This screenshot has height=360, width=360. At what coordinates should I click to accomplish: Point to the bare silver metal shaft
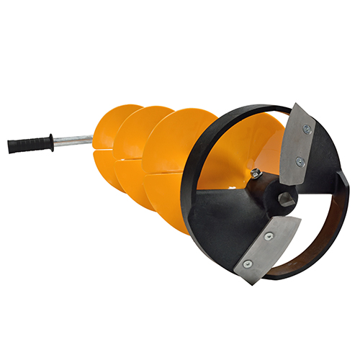(72, 138)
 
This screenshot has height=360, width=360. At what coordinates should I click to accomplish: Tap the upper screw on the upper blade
(307, 130)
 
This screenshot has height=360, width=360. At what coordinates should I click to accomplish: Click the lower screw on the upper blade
(299, 162)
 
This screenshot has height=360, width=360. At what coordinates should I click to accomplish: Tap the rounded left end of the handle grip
(11, 148)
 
